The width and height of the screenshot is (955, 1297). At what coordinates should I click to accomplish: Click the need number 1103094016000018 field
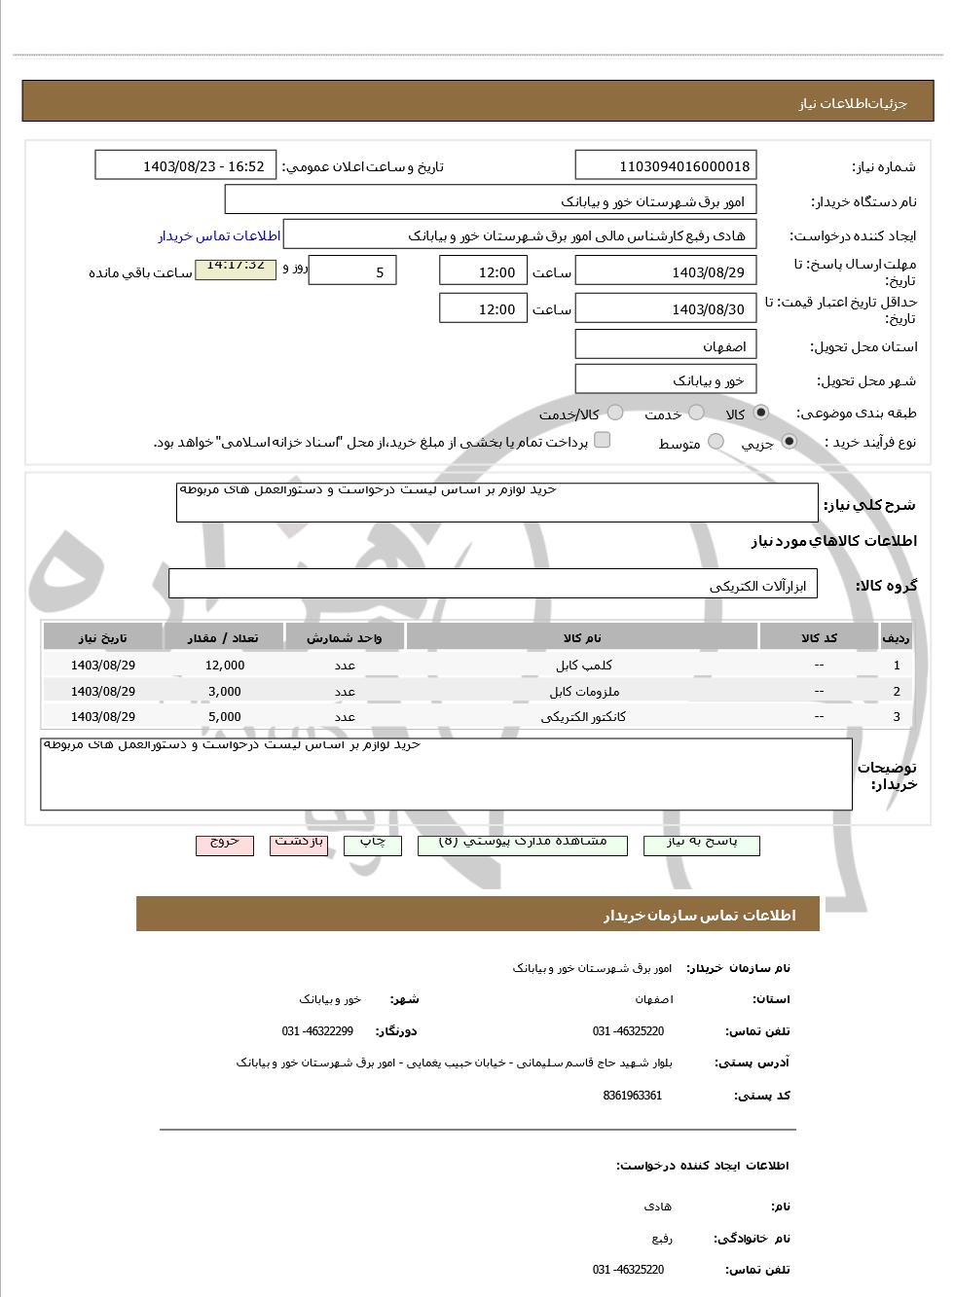[x=666, y=166]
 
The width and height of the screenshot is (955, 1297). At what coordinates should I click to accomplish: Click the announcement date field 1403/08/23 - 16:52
[x=186, y=166]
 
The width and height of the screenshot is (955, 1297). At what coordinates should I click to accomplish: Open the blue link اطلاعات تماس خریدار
[x=219, y=236]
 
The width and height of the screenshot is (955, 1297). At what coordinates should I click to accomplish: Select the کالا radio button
[x=760, y=413]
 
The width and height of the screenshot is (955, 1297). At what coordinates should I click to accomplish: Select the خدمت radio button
[x=696, y=413]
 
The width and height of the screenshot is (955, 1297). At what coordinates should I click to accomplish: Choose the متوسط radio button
[x=716, y=442]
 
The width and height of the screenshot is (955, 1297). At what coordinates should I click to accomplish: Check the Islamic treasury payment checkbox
[x=603, y=440]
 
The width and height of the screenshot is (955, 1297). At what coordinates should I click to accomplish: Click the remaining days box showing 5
[x=352, y=271]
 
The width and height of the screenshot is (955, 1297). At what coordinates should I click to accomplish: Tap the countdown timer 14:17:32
[x=236, y=267]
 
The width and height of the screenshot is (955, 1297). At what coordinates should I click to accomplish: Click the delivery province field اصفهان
[x=666, y=346]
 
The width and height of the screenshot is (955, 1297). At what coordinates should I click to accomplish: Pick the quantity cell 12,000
[x=225, y=666]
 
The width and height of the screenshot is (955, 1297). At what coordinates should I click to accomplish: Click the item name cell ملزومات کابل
[x=584, y=692]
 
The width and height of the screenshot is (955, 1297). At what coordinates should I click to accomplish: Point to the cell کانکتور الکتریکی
[x=583, y=717]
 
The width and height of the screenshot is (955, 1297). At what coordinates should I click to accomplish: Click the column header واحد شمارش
[x=345, y=638]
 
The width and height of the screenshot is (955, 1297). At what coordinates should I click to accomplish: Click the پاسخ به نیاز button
[x=701, y=844]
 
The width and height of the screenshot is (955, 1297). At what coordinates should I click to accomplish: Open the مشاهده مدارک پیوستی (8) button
[x=523, y=844]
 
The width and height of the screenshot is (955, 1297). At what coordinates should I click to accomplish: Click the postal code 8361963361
[x=633, y=1096]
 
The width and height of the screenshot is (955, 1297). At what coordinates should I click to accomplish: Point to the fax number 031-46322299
[x=318, y=1031]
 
